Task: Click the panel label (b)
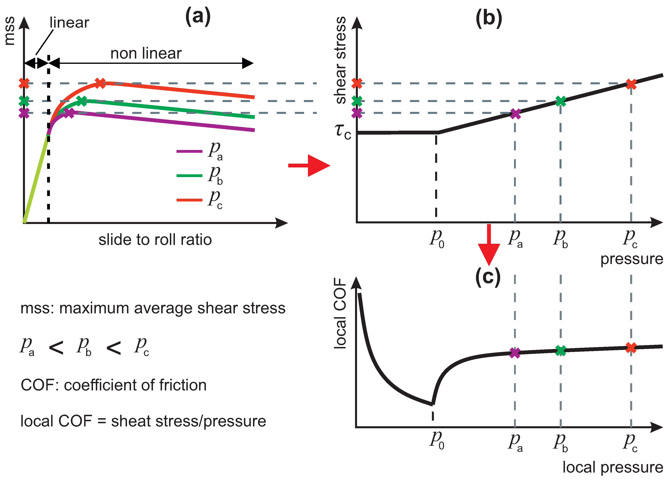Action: click(489, 18)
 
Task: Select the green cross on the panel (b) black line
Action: click(560, 101)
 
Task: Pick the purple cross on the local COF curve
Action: click(515, 353)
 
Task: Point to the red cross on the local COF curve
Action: click(631, 348)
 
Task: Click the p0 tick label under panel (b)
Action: click(437, 239)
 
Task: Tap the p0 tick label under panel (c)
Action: click(437, 440)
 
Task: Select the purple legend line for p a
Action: click(189, 151)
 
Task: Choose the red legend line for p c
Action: click(189, 200)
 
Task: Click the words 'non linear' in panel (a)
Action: click(146, 54)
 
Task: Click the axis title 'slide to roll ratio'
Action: click(155, 239)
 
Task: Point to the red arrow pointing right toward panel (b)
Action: click(309, 165)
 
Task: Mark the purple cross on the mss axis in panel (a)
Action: click(24, 113)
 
